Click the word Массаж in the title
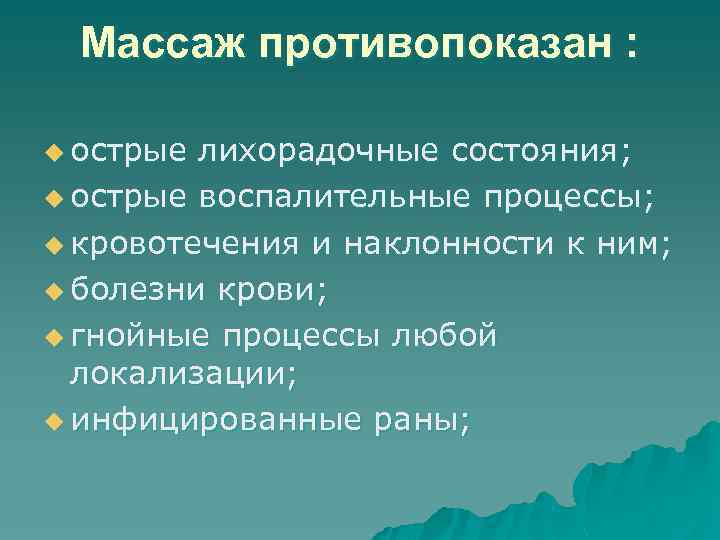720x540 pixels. (x=159, y=44)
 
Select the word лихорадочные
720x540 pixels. (x=318, y=151)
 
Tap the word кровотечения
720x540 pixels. (x=184, y=243)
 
